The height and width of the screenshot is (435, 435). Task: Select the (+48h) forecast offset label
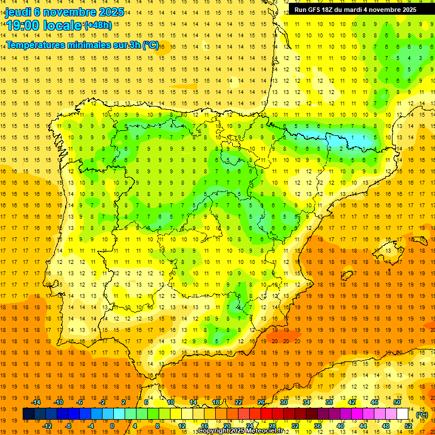point(97,25)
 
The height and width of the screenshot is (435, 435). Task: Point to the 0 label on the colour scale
point(112,425)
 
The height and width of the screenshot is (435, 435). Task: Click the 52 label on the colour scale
point(408,425)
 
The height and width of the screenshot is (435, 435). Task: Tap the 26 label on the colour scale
point(261,402)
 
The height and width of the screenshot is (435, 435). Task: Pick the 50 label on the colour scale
point(396,402)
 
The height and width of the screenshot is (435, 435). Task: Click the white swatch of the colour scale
point(403,414)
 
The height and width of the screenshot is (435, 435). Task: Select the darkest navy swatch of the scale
point(28,414)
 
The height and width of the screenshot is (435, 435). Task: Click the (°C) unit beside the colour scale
point(421,415)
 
